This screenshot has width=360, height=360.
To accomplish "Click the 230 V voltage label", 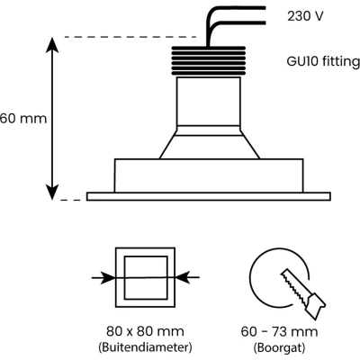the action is tap(305, 16).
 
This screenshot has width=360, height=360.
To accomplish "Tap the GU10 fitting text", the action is tap(323, 61).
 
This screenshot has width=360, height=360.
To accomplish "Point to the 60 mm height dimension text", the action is tap(23, 119).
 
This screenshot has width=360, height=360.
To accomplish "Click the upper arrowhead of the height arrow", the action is tap(52, 44).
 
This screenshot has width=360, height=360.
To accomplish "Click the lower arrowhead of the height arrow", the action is tap(52, 192).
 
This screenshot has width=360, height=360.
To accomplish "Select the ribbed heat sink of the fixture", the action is tap(209, 60).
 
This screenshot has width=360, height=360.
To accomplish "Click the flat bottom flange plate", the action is tap(209, 196).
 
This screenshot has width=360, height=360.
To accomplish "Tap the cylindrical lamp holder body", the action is tap(209, 101).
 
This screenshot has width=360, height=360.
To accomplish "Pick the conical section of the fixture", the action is tap(209, 142).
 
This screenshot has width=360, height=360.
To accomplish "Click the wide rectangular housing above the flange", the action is tap(209, 175).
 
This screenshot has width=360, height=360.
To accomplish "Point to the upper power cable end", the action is tap(265, 7).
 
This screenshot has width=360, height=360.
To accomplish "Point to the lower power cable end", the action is tap(265, 22).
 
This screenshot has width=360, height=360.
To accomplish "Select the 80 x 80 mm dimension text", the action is tap(145, 331).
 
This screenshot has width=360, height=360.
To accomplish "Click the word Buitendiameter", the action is tap(145, 347).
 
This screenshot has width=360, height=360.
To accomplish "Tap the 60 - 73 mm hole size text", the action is tap(279, 331).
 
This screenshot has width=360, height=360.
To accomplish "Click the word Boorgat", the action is tap(279, 347).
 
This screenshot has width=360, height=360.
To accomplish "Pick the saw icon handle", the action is tap(315, 305).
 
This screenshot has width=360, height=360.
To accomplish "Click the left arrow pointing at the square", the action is tap(103, 278).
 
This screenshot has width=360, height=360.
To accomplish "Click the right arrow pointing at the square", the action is tap(187, 277).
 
